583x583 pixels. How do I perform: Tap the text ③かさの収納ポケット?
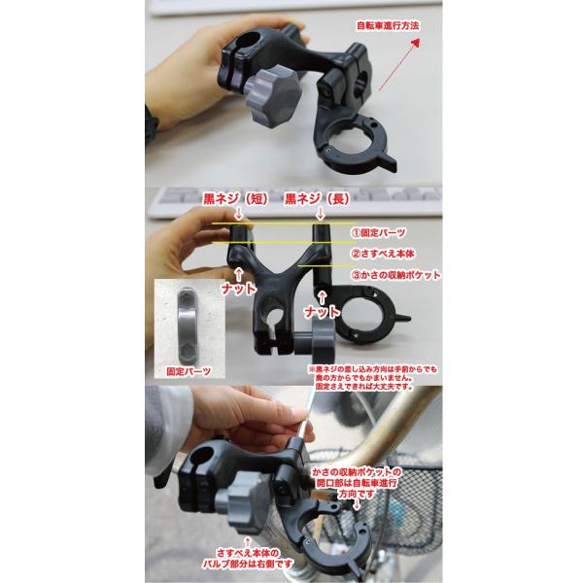395,275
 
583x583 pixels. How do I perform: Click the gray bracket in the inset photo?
186,326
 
